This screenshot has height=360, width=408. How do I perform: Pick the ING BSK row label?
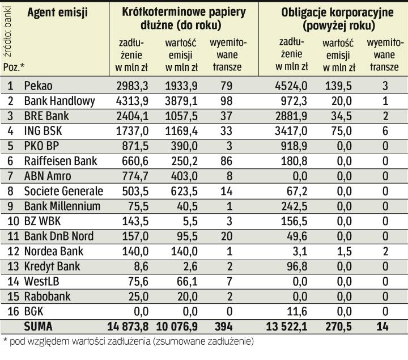pos(46,131)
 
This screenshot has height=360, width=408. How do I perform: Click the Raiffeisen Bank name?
pos(61,161)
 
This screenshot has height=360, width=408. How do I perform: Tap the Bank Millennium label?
pos(62,206)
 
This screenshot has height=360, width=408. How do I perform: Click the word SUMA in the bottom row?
pos(39,327)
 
